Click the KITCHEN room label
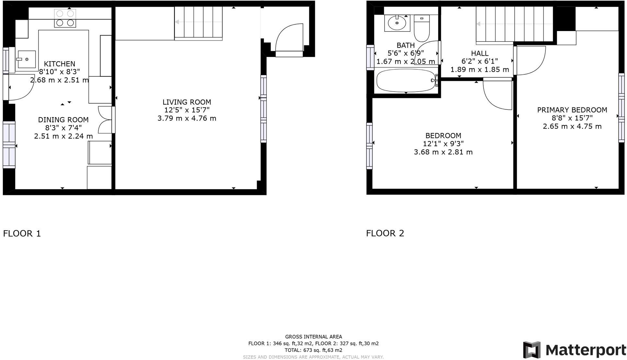(x=59, y=64)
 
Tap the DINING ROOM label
(x=63, y=120)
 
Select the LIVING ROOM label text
(x=187, y=102)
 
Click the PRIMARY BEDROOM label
(x=572, y=110)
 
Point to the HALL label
(x=479, y=53)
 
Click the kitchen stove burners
(x=65, y=18)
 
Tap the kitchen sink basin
(x=27, y=59)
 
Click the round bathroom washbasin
(x=397, y=23)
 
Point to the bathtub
(x=406, y=81)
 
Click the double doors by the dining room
(x=105, y=119)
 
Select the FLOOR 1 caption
(x=22, y=233)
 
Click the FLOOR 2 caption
(x=385, y=233)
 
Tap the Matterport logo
(x=574, y=350)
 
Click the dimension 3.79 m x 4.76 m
(x=187, y=118)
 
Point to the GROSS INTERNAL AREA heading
(x=313, y=337)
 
